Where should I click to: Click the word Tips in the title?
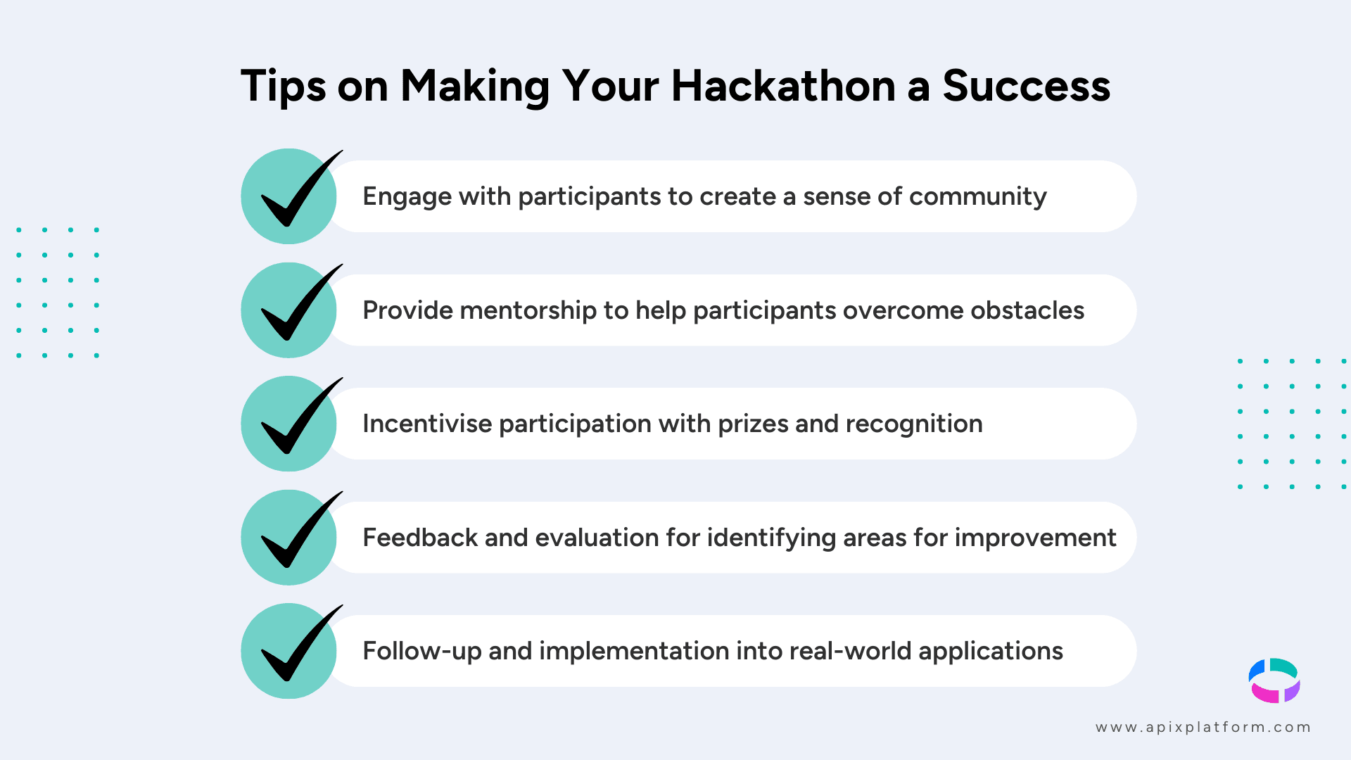[284, 87]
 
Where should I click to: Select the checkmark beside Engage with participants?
[290, 196]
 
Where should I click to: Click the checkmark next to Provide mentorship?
[290, 310]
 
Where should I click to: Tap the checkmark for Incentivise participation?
[290, 424]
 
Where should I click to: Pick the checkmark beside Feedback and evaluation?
[290, 538]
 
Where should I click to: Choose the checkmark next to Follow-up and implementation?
[290, 651]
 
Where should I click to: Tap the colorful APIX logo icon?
[1274, 680]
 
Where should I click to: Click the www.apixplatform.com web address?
[1203, 728]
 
